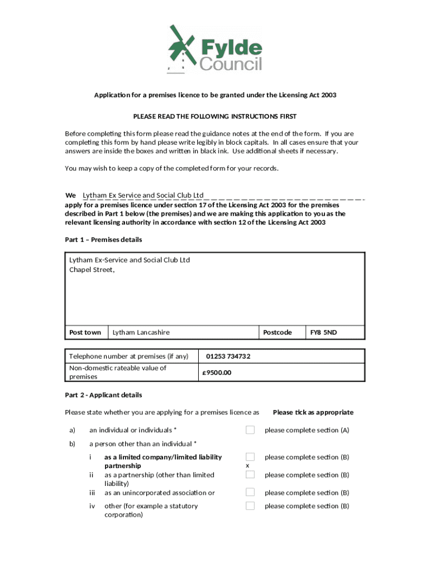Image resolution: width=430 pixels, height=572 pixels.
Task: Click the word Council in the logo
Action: tap(231, 64)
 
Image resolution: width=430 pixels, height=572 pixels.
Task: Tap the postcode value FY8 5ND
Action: tap(323, 332)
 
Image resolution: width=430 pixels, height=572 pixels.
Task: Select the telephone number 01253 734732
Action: tap(228, 356)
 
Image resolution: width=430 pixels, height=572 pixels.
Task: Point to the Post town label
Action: tap(85, 332)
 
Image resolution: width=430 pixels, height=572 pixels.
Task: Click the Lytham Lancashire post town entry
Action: tap(141, 332)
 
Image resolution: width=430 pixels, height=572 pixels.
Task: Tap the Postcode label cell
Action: tap(278, 332)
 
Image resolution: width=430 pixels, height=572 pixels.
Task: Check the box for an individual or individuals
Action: tap(250, 430)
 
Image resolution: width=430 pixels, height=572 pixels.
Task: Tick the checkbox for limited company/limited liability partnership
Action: tap(250, 457)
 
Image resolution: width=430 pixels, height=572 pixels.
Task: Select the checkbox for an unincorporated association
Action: tap(250, 492)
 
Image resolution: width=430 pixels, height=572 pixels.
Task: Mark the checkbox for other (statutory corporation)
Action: tap(250, 506)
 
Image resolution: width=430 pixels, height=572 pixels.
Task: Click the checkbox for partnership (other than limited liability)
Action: tap(250, 474)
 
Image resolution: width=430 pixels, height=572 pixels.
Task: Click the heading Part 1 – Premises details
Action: tap(103, 240)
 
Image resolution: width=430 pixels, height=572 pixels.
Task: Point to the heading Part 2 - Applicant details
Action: tap(103, 395)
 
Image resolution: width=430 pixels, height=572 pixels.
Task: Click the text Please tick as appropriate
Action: tap(313, 412)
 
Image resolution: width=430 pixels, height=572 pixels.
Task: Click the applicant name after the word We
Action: tap(143, 195)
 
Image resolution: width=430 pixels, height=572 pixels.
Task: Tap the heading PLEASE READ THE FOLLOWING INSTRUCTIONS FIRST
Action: tap(214, 116)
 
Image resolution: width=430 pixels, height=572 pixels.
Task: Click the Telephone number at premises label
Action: tap(128, 356)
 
